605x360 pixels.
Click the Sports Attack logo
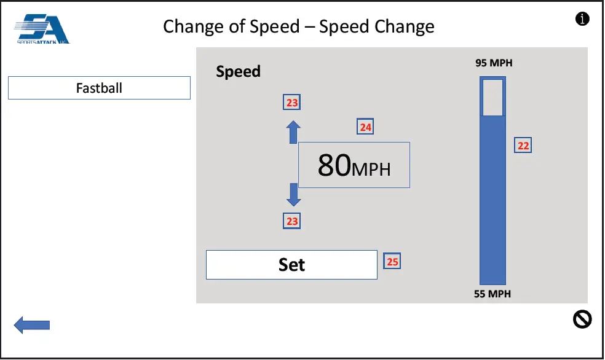pyautogui.click(x=42, y=29)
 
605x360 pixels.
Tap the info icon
pyautogui.click(x=582, y=19)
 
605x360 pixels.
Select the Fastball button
pyautogui.click(x=99, y=88)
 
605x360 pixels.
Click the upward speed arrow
pyautogui.click(x=294, y=131)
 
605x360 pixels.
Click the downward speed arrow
pyautogui.click(x=294, y=195)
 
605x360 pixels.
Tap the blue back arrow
pyautogui.click(x=31, y=325)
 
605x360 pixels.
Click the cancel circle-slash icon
pyautogui.click(x=582, y=319)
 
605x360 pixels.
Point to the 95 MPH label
pyautogui.click(x=493, y=63)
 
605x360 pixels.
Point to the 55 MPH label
pyautogui.click(x=492, y=294)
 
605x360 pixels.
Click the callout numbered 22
pyautogui.click(x=523, y=146)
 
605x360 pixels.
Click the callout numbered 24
pyautogui.click(x=365, y=127)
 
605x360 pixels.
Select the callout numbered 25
pyautogui.click(x=392, y=262)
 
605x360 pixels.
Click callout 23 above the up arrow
pyautogui.click(x=292, y=103)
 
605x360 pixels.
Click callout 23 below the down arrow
pyautogui.click(x=292, y=221)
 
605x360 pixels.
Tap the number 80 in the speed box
pyautogui.click(x=334, y=165)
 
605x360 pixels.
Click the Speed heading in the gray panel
pyautogui.click(x=239, y=71)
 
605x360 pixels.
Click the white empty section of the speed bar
pyautogui.click(x=492, y=97)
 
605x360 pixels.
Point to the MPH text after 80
pyautogui.click(x=371, y=168)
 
